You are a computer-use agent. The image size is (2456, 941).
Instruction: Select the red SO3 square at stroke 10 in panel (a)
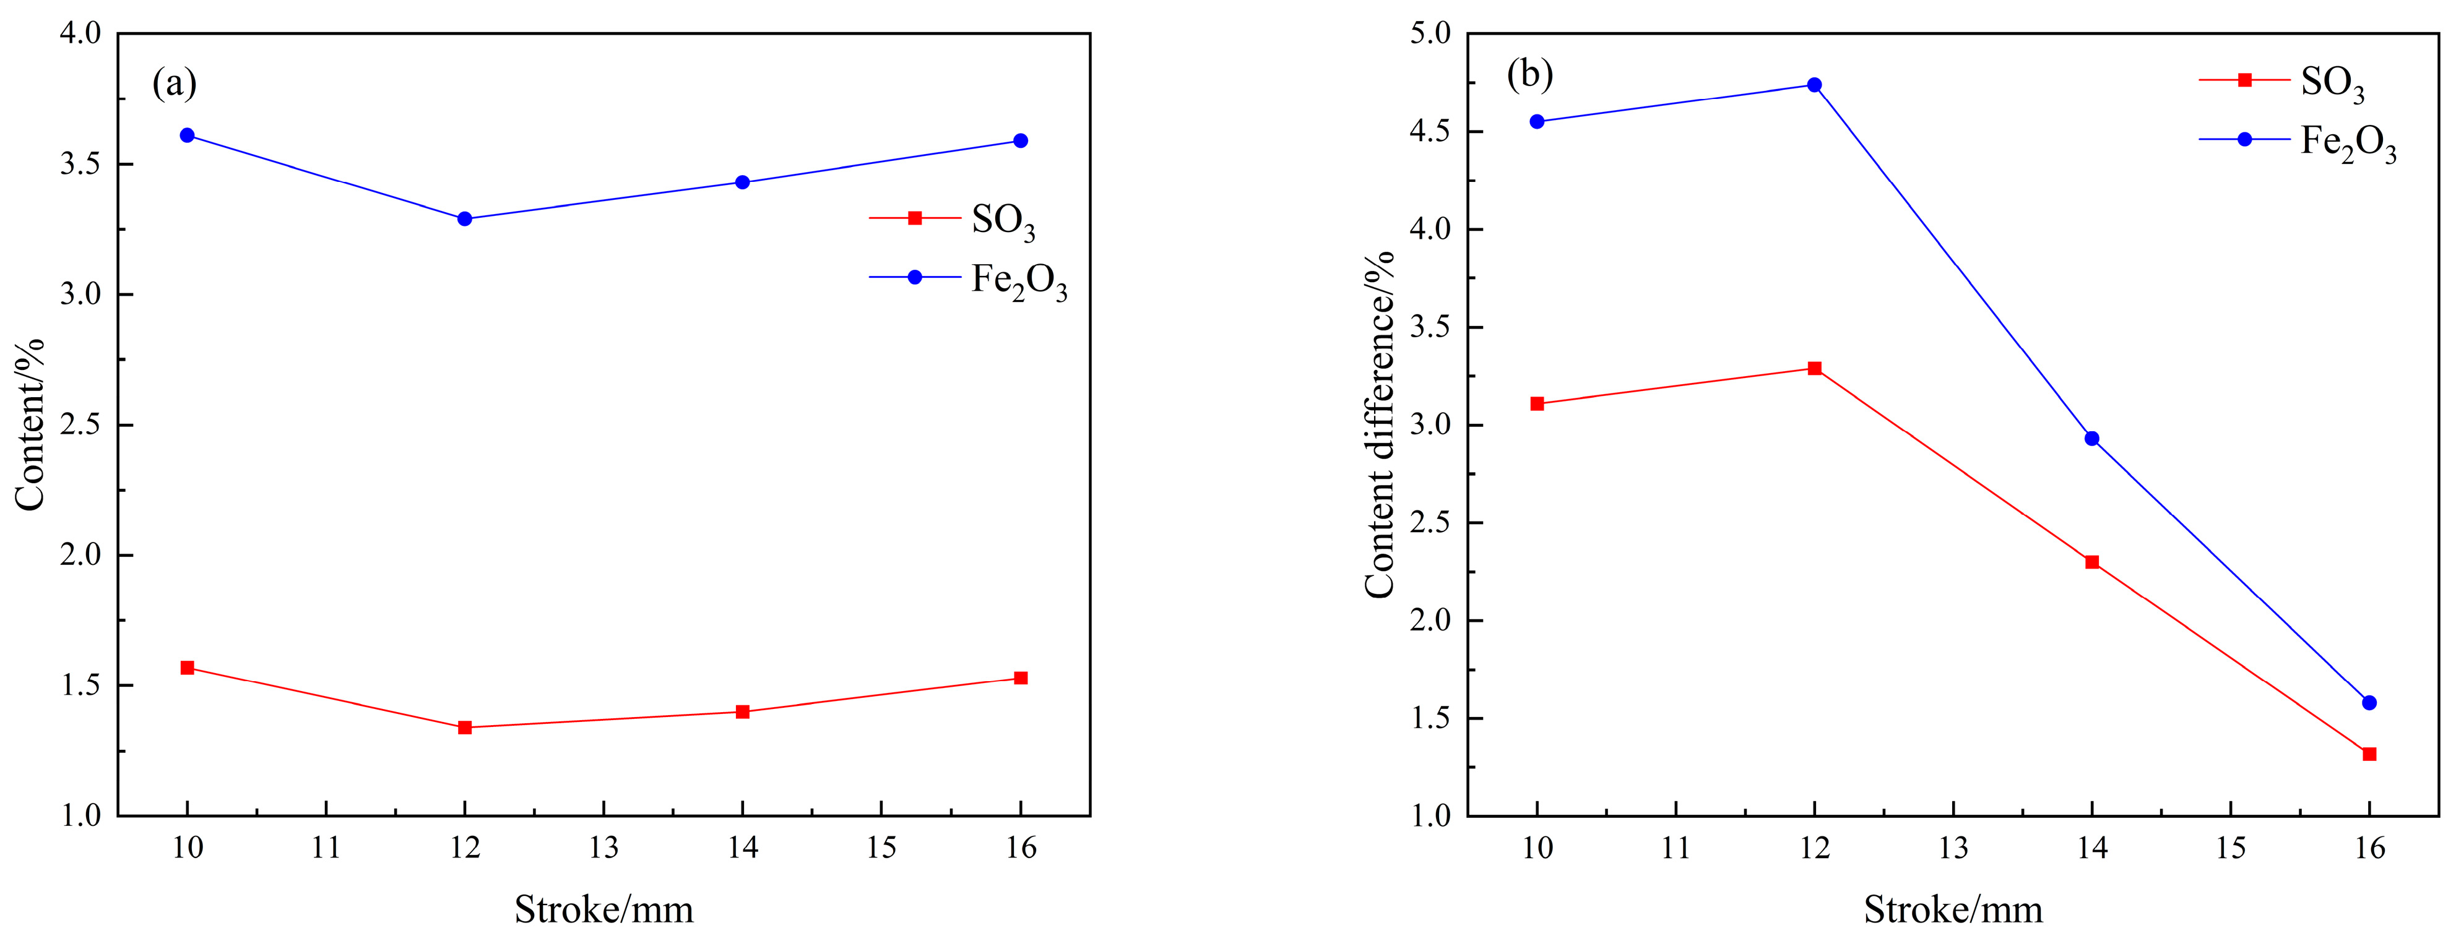tap(188, 668)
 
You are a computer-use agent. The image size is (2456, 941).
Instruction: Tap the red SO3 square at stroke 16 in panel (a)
tap(1020, 678)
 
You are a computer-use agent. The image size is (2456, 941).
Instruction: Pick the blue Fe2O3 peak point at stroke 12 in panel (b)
tap(1814, 85)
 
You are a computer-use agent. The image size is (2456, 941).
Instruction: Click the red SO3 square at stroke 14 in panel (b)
tap(2092, 562)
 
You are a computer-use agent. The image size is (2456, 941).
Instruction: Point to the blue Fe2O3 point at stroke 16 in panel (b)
tap(2369, 703)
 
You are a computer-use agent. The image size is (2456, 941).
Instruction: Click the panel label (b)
tap(1529, 74)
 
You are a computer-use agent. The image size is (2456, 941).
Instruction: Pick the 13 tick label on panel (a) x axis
tap(603, 848)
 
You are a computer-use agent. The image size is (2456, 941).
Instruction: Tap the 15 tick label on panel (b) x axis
tap(2230, 848)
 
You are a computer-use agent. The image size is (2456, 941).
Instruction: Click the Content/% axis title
tap(30, 425)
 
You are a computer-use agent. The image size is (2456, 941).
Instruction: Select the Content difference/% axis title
tap(1380, 425)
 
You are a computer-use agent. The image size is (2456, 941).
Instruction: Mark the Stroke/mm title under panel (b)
tap(1953, 909)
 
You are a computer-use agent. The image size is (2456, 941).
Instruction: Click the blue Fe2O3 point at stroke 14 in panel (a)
tap(743, 182)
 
